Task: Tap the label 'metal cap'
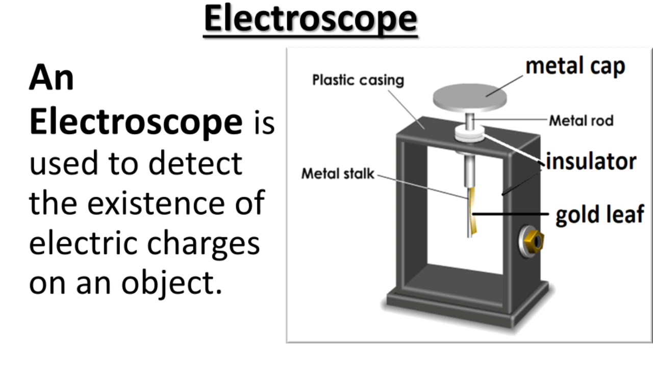(575, 67)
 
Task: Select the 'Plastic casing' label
(358, 80)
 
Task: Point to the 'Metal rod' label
(581, 121)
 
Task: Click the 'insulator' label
(591, 162)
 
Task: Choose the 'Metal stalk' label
(338, 174)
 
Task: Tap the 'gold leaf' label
(599, 214)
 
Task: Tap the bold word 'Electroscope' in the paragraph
(136, 123)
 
